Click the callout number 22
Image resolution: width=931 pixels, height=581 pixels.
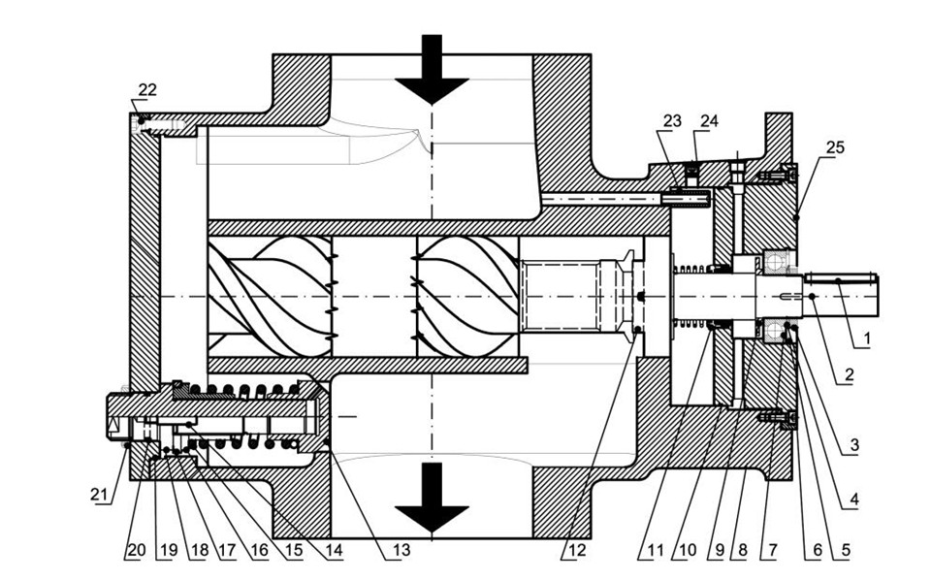click(x=147, y=89)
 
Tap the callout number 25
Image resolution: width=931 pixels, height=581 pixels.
click(x=835, y=146)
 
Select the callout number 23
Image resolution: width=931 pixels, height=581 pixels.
click(x=672, y=121)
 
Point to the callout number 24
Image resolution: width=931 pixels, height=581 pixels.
click(x=709, y=121)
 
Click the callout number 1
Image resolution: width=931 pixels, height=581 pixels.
click(x=866, y=339)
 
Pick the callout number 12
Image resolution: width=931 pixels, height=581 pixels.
click(x=576, y=550)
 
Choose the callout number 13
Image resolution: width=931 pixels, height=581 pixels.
click(x=401, y=550)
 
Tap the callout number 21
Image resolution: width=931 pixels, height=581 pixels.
click(x=100, y=494)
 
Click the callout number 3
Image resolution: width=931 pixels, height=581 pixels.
click(x=853, y=445)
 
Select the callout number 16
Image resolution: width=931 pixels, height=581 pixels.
click(x=260, y=550)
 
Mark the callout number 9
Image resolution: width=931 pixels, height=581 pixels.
click(x=719, y=550)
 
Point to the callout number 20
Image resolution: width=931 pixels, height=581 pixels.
click(x=136, y=550)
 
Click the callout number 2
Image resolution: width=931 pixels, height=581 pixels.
click(x=849, y=374)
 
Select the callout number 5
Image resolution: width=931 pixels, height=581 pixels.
click(x=845, y=550)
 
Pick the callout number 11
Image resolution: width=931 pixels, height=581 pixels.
click(x=655, y=550)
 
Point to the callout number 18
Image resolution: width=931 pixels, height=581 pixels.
click(x=199, y=550)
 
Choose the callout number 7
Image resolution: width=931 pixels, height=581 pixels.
click(x=771, y=550)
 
